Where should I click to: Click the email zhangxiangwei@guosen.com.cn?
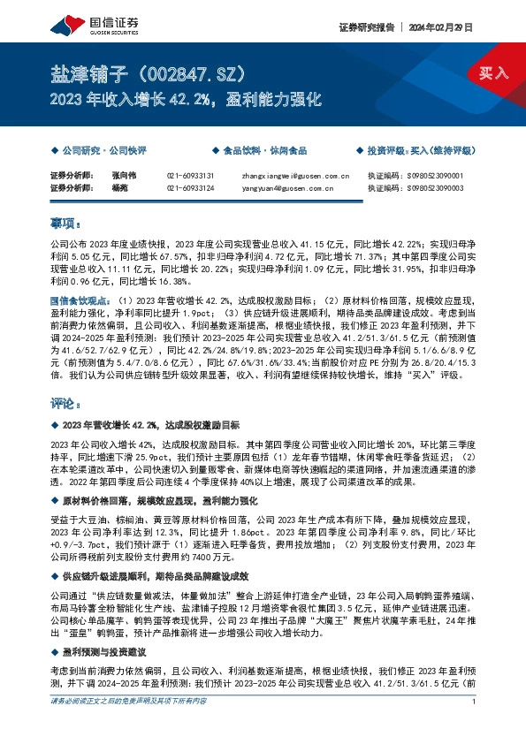(x=295, y=176)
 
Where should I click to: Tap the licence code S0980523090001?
(x=451, y=176)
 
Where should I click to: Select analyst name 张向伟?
(x=100, y=176)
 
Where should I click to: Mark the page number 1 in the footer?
(x=475, y=726)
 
